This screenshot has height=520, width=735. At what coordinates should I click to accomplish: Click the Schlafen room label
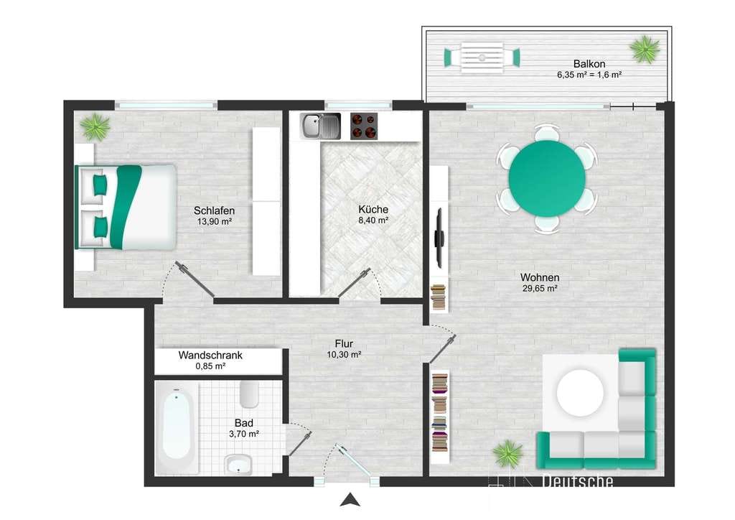pyautogui.click(x=214, y=211)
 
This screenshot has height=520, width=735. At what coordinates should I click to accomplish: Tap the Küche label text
pyautogui.click(x=373, y=210)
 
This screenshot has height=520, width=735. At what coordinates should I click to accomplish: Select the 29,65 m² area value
pyautogui.click(x=540, y=289)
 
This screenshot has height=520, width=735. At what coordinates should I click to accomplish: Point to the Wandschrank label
pyautogui.click(x=210, y=356)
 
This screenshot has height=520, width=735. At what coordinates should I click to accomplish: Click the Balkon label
pyautogui.click(x=589, y=64)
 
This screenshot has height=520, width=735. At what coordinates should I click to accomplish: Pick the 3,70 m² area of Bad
pyautogui.click(x=244, y=435)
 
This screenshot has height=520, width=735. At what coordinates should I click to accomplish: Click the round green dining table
pyautogui.click(x=547, y=179)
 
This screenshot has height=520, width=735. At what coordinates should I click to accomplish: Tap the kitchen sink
pyautogui.click(x=321, y=126)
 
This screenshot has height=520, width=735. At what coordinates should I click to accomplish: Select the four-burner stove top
pyautogui.click(x=364, y=126)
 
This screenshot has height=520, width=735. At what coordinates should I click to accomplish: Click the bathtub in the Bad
pyautogui.click(x=177, y=428)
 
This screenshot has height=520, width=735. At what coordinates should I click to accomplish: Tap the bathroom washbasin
pyautogui.click(x=238, y=464)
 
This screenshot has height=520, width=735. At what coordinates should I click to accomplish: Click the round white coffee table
pyautogui.click(x=580, y=393)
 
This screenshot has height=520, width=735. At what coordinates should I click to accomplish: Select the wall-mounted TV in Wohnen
pyautogui.click(x=439, y=238)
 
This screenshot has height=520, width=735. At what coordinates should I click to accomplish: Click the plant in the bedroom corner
pyautogui.click(x=95, y=126)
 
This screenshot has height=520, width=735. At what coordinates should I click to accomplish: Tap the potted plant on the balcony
pyautogui.click(x=645, y=49)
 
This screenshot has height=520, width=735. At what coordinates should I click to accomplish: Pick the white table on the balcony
pyautogui.click(x=482, y=57)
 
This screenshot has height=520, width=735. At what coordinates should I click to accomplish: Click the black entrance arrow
pyautogui.click(x=350, y=501)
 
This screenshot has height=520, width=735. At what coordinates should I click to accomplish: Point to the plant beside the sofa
pyautogui.click(x=507, y=453)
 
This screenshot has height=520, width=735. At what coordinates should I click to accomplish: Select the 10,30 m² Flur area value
pyautogui.click(x=344, y=355)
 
